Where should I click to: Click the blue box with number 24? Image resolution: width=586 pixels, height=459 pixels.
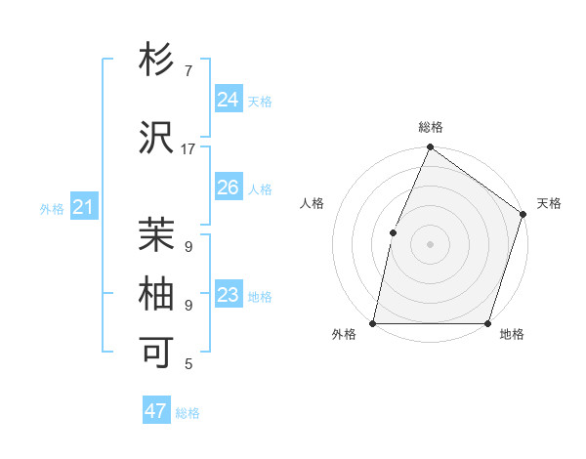pyautogui.click(x=228, y=100)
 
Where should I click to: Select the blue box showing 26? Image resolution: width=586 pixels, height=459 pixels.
pyautogui.click(x=228, y=188)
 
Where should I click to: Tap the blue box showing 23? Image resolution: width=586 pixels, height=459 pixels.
pyautogui.click(x=228, y=295)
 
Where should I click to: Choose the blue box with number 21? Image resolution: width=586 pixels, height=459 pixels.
pyautogui.click(x=84, y=207)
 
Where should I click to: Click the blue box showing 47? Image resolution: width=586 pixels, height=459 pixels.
pyautogui.click(x=156, y=411)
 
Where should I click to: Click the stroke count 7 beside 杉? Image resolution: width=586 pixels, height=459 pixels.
pyautogui.click(x=188, y=71)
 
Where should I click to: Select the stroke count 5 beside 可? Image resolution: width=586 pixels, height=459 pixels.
pyautogui.click(x=188, y=364)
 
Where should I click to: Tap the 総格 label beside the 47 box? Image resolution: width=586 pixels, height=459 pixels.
pyautogui.click(x=188, y=413)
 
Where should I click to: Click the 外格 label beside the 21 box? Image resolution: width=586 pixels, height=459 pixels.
pyautogui.click(x=52, y=209)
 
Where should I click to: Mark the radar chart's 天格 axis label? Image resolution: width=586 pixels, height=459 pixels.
pyautogui.click(x=549, y=203)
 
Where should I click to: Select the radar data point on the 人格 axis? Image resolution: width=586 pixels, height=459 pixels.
pyautogui.click(x=393, y=232)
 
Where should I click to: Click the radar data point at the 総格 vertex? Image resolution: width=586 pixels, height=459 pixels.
pyautogui.click(x=430, y=147)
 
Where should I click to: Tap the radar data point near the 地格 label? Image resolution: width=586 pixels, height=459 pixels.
pyautogui.click(x=487, y=323)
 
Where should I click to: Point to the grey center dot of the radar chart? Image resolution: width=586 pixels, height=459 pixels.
pyautogui.click(x=430, y=244)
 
